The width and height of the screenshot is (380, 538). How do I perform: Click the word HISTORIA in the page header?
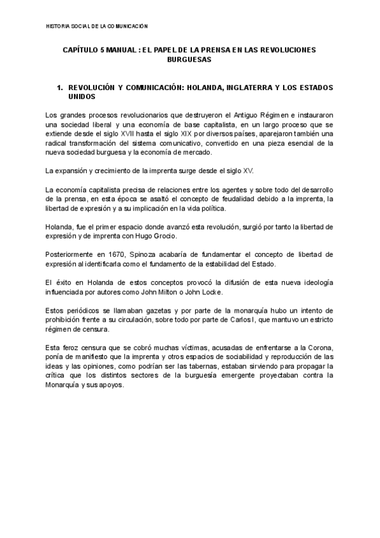pyautogui.click(x=58, y=26)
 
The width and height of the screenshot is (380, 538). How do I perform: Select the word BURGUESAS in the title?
pyautogui.click(x=189, y=59)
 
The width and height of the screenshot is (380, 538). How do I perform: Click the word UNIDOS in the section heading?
pyautogui.click(x=82, y=97)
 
